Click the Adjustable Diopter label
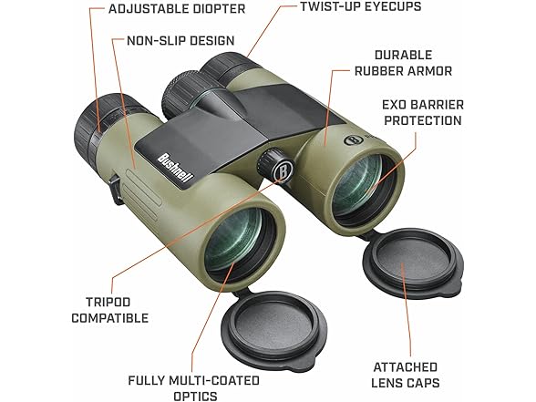tap(177, 9)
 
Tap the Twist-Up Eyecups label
tap(361, 6)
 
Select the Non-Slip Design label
tap(180, 41)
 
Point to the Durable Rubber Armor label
tap(403, 63)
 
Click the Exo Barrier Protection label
tap(423, 112)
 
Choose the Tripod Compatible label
tap(109, 310)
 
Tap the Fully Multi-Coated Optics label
tap(194, 388)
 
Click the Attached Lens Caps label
tap(406, 375)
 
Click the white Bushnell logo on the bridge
tap(176, 167)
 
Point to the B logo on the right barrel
tap(353, 139)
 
